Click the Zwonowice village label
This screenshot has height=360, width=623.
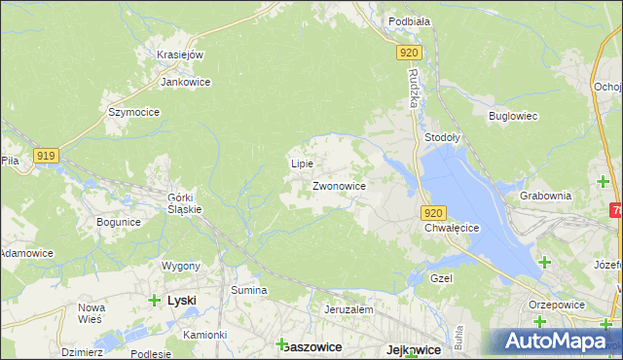point(339,185)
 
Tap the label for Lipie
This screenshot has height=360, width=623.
point(302,163)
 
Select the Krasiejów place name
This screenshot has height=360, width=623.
point(180,54)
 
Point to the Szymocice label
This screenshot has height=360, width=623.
point(133,112)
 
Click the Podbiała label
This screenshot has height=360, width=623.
point(410,20)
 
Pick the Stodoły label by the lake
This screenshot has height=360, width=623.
point(443,138)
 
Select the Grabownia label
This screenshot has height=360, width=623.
point(545,195)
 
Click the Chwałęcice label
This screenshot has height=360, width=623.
point(453,228)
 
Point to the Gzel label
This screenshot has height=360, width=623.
point(443,277)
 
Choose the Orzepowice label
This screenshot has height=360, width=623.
point(556,303)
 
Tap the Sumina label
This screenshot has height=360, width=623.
point(248,290)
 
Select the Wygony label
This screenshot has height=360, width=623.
point(181,266)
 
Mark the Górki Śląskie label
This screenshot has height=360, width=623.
point(184,202)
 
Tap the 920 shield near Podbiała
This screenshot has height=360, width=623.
point(410,54)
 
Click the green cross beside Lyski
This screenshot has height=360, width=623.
point(154,301)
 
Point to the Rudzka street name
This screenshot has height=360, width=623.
point(413,90)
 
